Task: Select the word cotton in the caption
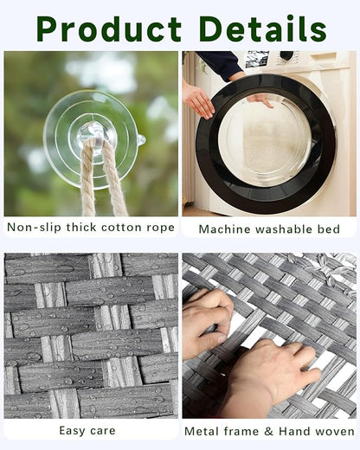tap(117, 228)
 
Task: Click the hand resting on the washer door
tap(198, 100)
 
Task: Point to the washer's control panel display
tap(256, 59)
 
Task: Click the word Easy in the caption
tap(73, 430)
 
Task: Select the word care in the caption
tap(107, 430)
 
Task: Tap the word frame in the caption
tap(242, 430)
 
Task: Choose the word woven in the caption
tap(333, 430)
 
